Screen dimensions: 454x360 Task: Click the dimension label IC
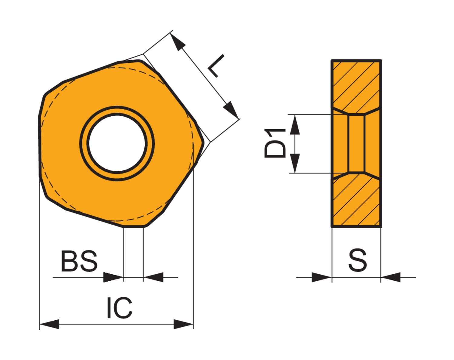120,308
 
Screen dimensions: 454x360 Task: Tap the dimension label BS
79,261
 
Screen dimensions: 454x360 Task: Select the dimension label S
357,260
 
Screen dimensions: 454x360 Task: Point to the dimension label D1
275,144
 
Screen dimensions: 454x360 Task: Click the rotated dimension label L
216,66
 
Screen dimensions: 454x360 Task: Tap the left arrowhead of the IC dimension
49,324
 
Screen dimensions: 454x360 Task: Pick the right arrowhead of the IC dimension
183,324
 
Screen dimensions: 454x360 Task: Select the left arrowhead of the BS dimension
113,277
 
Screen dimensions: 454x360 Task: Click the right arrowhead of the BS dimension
153,277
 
